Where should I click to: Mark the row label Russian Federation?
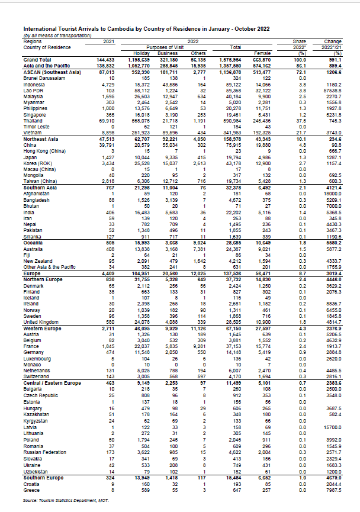coord(45,452)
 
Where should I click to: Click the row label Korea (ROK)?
coord(37,162)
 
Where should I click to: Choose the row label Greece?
coord(31,491)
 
